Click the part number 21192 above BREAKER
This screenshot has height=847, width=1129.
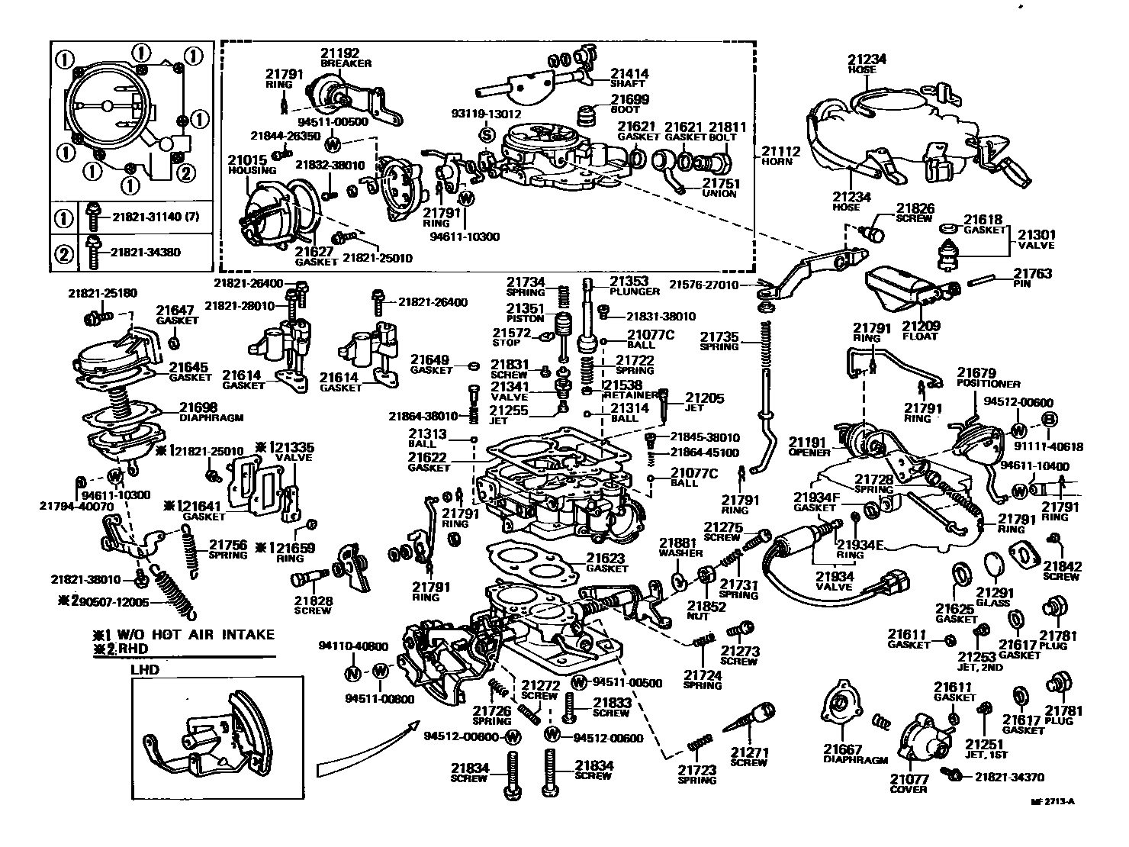(339, 53)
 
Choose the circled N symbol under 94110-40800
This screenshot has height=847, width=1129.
(352, 672)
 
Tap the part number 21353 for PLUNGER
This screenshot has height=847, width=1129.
(629, 281)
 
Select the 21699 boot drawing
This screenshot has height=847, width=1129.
(586, 116)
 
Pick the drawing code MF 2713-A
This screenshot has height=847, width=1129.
(1052, 801)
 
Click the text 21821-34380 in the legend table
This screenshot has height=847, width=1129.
(146, 252)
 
